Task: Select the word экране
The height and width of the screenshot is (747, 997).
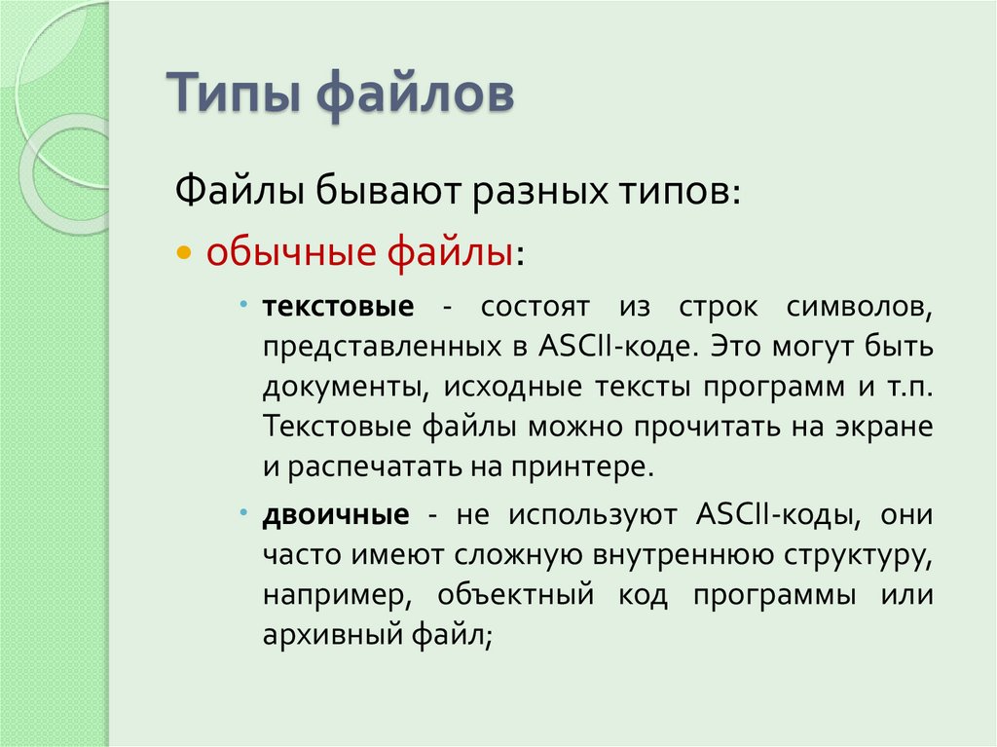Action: coord(880,426)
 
